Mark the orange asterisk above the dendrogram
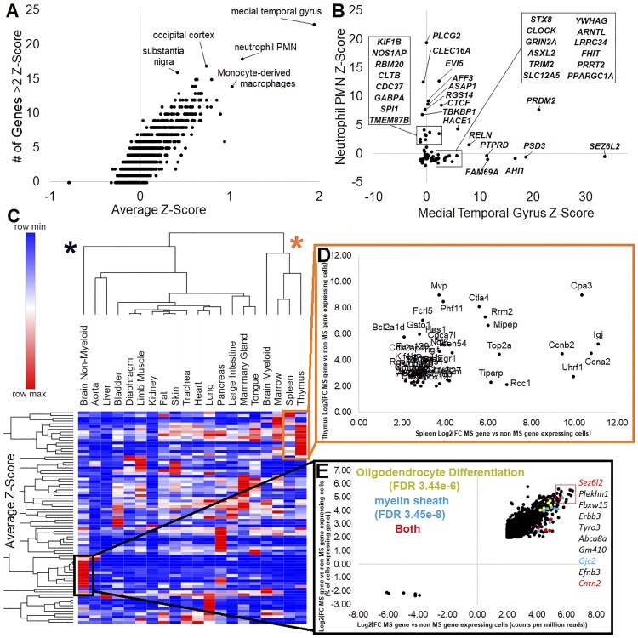pos(294,244)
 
